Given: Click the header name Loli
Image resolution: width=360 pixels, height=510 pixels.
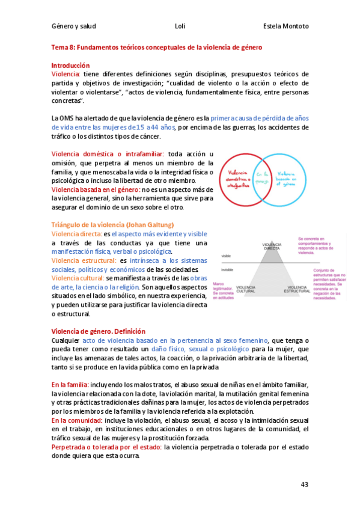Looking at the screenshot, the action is tap(180, 26).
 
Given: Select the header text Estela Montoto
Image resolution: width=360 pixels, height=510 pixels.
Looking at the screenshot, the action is tap(285, 26).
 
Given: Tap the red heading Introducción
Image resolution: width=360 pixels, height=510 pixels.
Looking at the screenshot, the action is tap(70, 65).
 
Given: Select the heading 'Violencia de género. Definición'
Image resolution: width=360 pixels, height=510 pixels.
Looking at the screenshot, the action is tap(98, 331).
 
